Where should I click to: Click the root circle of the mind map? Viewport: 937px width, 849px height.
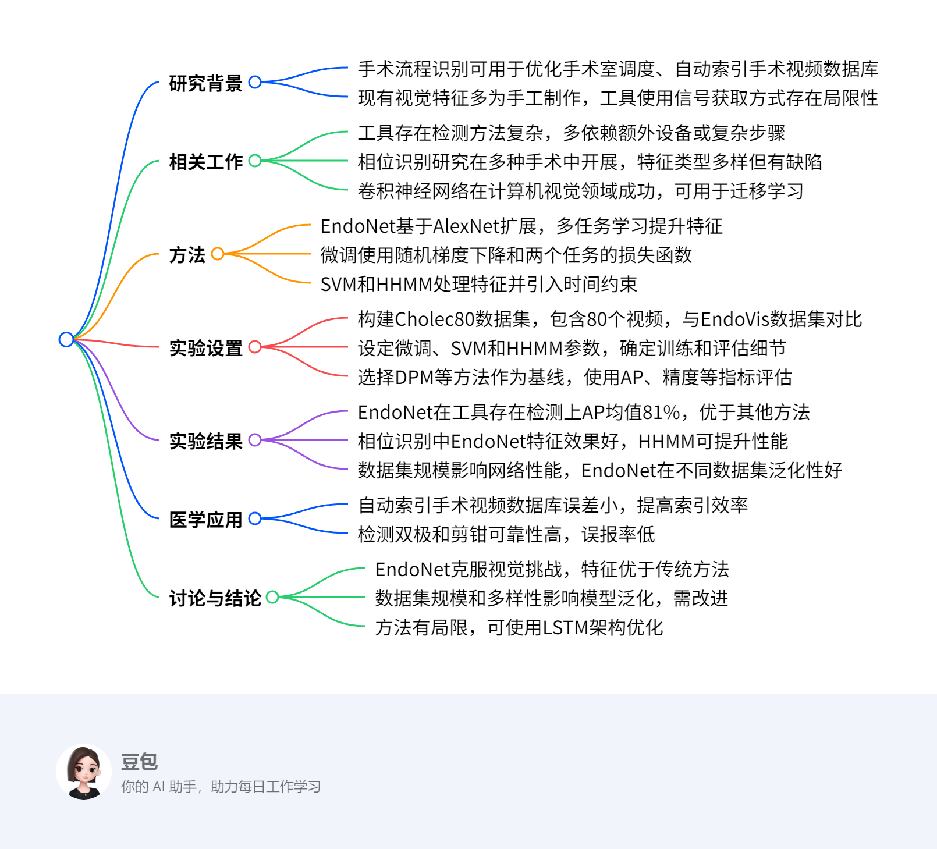(66, 339)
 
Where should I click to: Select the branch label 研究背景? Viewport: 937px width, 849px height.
(205, 83)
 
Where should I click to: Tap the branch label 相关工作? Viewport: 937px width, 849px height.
(205, 162)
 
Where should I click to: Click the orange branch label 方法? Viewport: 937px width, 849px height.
(187, 255)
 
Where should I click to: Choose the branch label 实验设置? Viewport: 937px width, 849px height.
(205, 348)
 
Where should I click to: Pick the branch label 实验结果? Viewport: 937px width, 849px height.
(205, 441)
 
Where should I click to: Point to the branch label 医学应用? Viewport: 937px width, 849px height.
(205, 520)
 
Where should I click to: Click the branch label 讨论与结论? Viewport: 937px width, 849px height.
(215, 598)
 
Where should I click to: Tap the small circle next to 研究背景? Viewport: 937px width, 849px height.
(255, 82)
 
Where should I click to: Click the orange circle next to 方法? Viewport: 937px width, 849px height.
(218, 254)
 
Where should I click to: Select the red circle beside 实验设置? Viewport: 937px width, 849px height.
(255, 347)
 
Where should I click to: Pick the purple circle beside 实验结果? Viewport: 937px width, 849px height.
(255, 440)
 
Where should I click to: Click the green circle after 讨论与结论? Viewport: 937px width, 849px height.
(272, 597)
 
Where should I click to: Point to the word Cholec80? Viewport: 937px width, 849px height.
(434, 319)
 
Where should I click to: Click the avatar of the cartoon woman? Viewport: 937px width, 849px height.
(84, 772)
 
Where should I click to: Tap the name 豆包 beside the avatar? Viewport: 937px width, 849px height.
(139, 761)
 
